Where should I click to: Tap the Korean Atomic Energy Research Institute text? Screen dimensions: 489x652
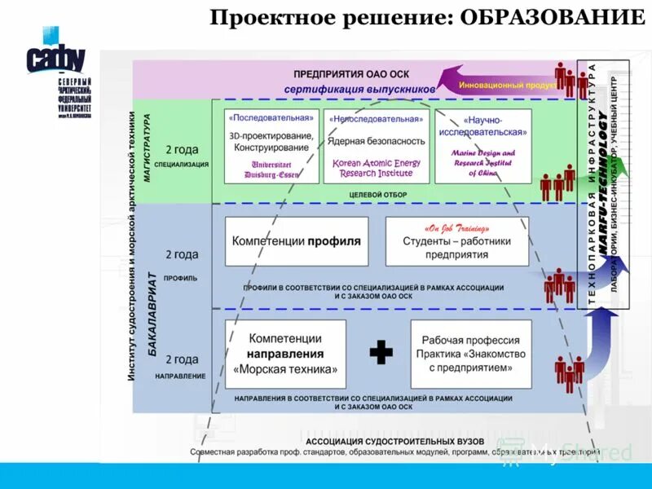point(377,168)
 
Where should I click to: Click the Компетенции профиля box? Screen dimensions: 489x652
point(296,242)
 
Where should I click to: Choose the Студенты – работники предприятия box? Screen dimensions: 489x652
point(456,242)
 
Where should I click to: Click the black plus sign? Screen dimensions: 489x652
point(381,352)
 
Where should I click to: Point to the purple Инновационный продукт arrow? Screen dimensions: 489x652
point(493,83)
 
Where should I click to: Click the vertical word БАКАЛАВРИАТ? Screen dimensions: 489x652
point(152,306)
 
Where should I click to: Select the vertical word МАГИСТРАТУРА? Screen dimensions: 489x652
point(148,151)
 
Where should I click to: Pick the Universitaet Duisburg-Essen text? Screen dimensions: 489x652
point(271,169)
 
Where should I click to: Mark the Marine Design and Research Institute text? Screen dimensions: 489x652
point(485,162)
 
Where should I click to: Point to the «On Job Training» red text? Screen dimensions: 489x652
point(456,227)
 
